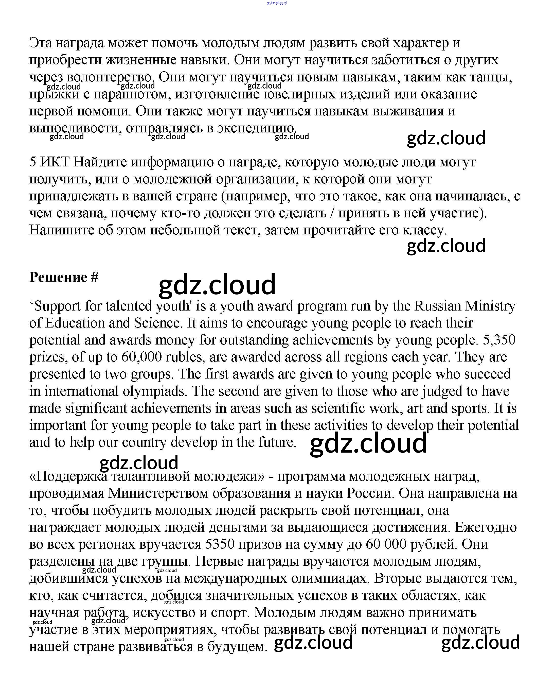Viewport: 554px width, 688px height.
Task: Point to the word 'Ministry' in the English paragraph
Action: pyautogui.click(x=490, y=306)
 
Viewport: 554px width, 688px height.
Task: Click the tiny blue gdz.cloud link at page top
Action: pyautogui.click(x=277, y=3)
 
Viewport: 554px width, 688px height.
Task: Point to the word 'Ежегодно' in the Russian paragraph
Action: pyautogui.click(x=485, y=527)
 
